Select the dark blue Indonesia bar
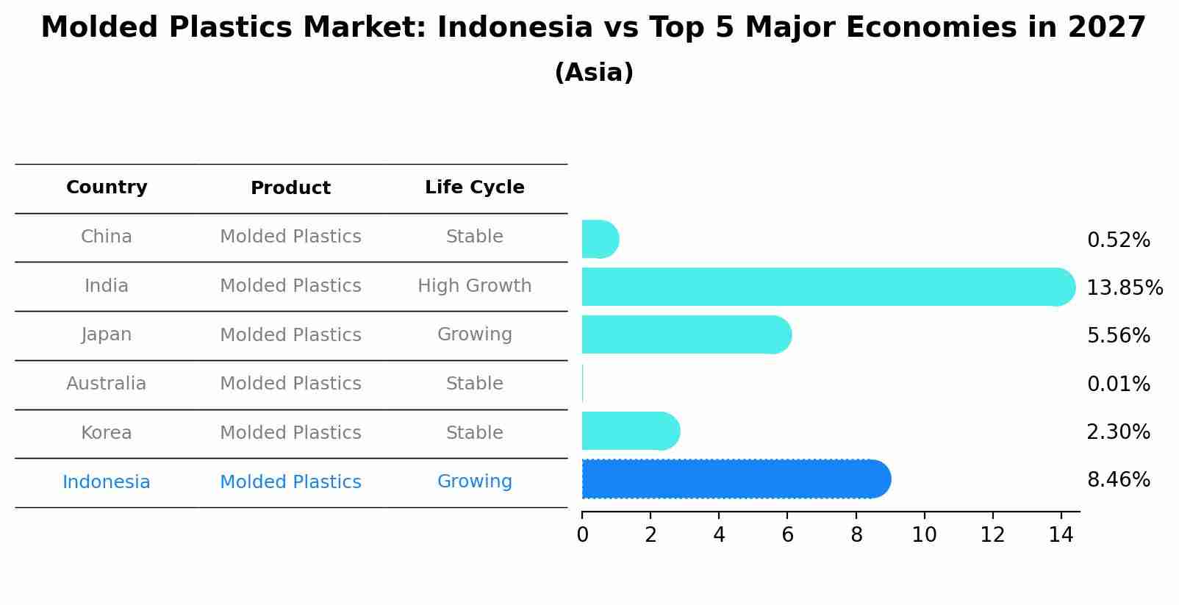[735, 479]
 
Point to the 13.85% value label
[1124, 287]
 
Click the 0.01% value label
[1118, 384]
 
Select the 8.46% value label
[1118, 480]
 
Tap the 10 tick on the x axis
[924, 535]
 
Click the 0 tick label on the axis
[582, 535]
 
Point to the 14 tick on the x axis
[1061, 535]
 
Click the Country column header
[107, 187]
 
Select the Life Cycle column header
[474, 187]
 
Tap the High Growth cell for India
[474, 286]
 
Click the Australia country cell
[107, 384]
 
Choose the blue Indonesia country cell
[107, 482]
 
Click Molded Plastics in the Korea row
[290, 433]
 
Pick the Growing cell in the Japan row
[474, 334]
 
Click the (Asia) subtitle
[594, 73]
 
